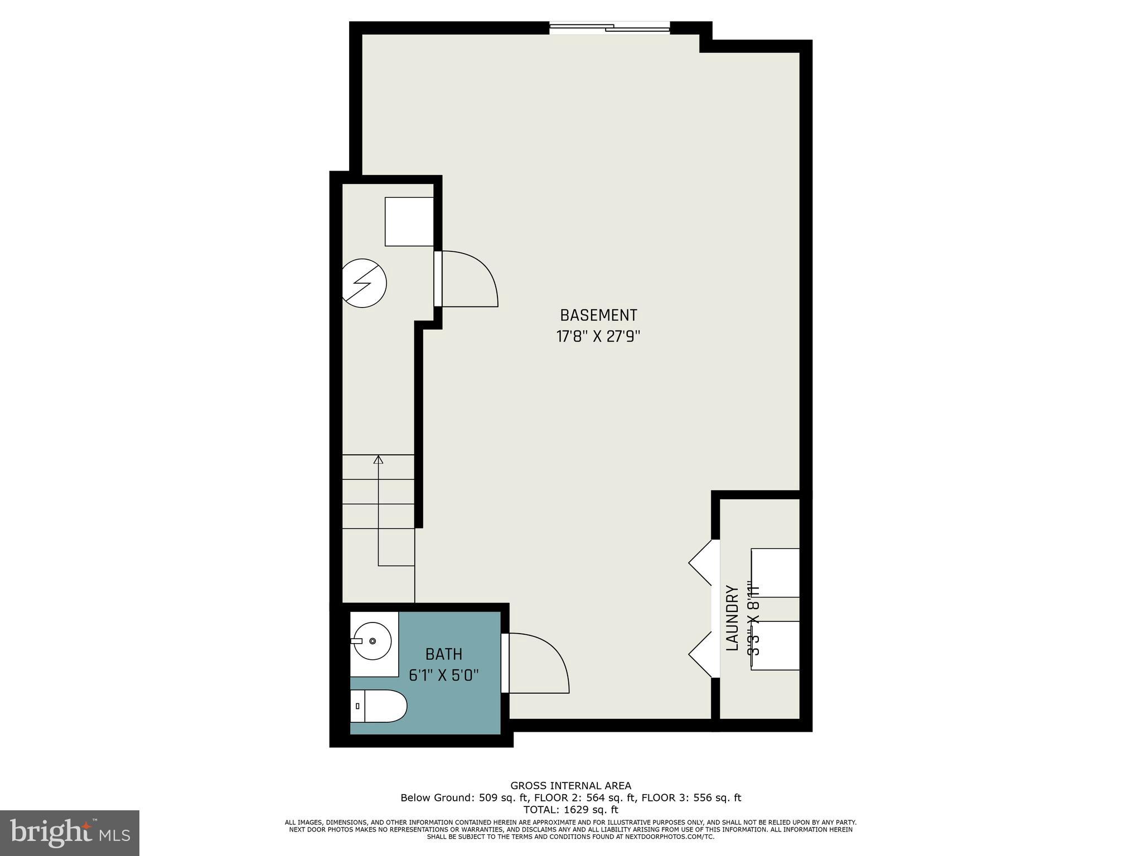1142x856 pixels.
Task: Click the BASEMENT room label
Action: point(598,315)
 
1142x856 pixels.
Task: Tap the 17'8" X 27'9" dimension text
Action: point(598,337)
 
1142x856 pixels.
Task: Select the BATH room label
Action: point(444,654)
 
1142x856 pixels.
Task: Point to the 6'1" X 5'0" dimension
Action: point(444,675)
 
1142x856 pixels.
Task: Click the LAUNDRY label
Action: point(732,618)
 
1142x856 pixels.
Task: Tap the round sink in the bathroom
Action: point(371,642)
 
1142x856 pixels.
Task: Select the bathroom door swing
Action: point(538,663)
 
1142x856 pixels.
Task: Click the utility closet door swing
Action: point(468,279)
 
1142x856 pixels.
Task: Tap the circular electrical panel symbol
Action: point(364,283)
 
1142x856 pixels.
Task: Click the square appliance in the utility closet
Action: point(409,221)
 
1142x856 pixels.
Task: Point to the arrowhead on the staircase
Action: point(379,460)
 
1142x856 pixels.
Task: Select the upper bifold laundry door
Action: point(701,562)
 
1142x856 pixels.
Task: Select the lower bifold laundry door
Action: point(701,655)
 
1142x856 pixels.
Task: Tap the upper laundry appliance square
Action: point(775,573)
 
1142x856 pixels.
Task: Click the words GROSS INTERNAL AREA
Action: point(570,786)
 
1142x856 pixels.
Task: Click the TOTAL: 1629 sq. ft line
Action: point(570,810)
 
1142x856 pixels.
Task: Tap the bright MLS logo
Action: point(70,833)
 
